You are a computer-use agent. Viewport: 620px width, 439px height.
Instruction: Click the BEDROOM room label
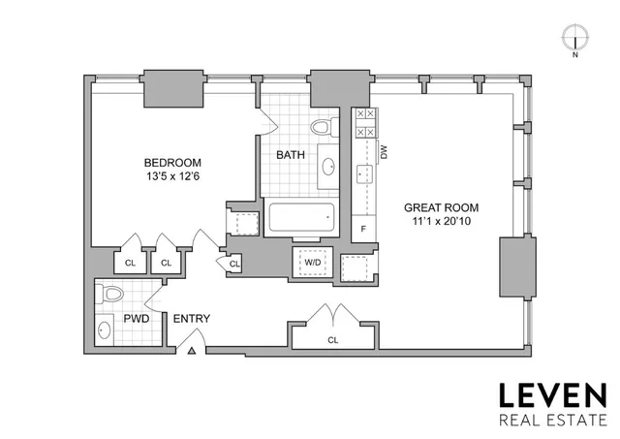click(172, 162)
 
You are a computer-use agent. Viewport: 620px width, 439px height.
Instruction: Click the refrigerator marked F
click(363, 228)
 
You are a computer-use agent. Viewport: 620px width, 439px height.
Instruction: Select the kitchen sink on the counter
click(365, 173)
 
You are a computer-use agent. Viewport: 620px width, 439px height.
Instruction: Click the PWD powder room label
click(136, 319)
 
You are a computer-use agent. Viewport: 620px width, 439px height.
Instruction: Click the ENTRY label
click(191, 319)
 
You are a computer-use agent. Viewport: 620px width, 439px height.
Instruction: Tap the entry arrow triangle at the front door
click(192, 351)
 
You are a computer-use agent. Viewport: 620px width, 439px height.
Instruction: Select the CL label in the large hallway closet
click(333, 340)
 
